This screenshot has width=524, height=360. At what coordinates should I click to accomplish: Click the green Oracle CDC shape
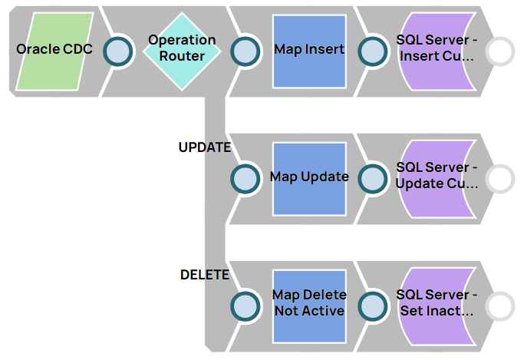click(x=54, y=50)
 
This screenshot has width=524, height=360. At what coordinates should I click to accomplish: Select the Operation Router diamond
click(x=182, y=50)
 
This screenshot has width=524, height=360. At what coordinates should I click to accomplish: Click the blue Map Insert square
click(x=309, y=50)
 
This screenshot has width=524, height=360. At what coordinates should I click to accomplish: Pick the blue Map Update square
click(x=309, y=177)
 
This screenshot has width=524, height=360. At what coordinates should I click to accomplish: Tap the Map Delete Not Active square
click(x=309, y=305)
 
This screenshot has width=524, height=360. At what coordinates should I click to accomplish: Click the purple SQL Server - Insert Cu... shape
click(x=437, y=50)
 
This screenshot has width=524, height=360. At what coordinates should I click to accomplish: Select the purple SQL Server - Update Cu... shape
click(x=437, y=177)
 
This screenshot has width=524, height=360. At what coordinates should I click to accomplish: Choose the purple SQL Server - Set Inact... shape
click(x=437, y=305)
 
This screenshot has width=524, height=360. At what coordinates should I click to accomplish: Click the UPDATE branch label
click(x=204, y=147)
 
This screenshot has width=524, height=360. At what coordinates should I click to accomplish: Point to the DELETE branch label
click(x=204, y=275)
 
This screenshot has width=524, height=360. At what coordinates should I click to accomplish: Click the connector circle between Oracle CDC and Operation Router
click(x=118, y=51)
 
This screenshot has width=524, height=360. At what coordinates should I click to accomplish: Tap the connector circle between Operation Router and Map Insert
click(x=246, y=51)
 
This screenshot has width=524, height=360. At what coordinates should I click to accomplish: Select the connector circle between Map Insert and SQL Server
click(x=373, y=51)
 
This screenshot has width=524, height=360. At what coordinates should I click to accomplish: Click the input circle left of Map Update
click(x=246, y=178)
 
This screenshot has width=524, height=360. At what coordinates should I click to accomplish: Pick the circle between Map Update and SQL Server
click(x=373, y=178)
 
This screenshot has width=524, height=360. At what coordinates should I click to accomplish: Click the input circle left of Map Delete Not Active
click(x=246, y=306)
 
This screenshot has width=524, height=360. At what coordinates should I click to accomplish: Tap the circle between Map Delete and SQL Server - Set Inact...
click(x=373, y=306)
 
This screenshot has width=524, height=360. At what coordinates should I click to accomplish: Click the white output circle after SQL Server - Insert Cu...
click(x=500, y=51)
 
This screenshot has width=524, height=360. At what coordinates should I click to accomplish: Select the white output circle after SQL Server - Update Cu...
click(x=500, y=178)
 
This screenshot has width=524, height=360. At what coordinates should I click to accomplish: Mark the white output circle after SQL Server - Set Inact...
click(x=500, y=306)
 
